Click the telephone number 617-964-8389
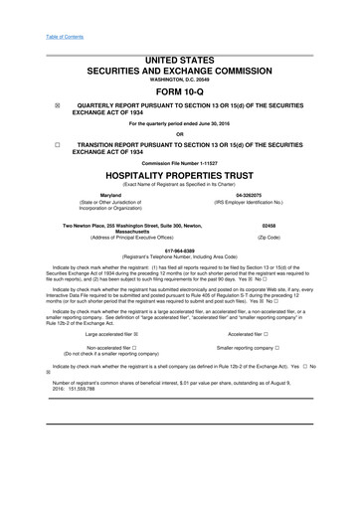click(x=179, y=279)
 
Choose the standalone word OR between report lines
click(x=179, y=162)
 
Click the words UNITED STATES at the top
click(x=179, y=62)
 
